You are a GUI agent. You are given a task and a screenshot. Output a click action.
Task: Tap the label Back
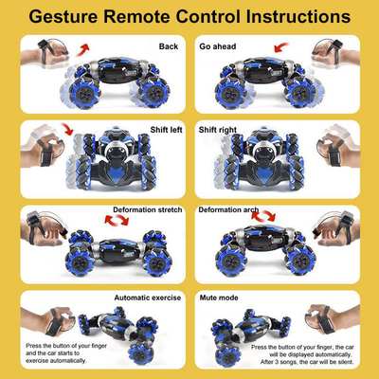(169, 45)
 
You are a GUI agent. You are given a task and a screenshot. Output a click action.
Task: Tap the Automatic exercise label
(147, 297)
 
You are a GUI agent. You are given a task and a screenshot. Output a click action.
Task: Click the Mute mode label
(220, 297)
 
